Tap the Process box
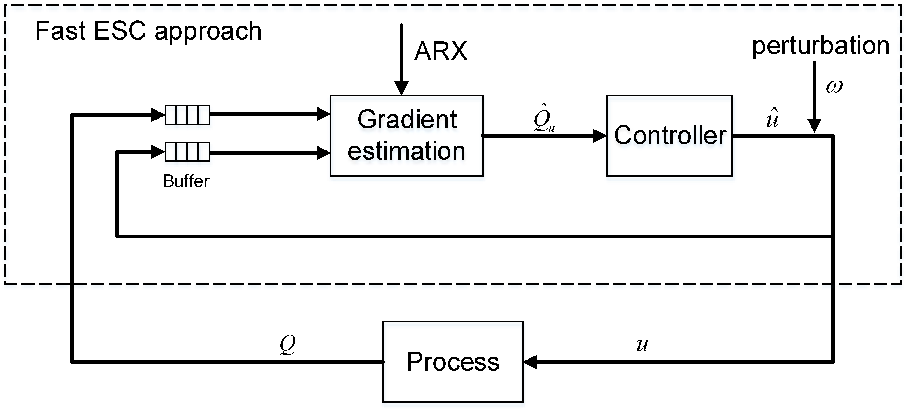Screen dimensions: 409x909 pos(452,362)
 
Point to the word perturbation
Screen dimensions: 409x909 pos(820,46)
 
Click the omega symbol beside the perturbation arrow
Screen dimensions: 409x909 pos(834,86)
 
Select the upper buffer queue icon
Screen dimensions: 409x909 pos(187,115)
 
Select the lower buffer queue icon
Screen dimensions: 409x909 pos(187,152)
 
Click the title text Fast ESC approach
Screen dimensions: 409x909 pos(148,31)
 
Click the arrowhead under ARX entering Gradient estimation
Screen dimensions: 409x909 pos(401,88)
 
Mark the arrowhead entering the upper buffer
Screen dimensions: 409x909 pos(158,115)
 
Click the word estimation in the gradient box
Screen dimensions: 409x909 pos(406,151)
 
